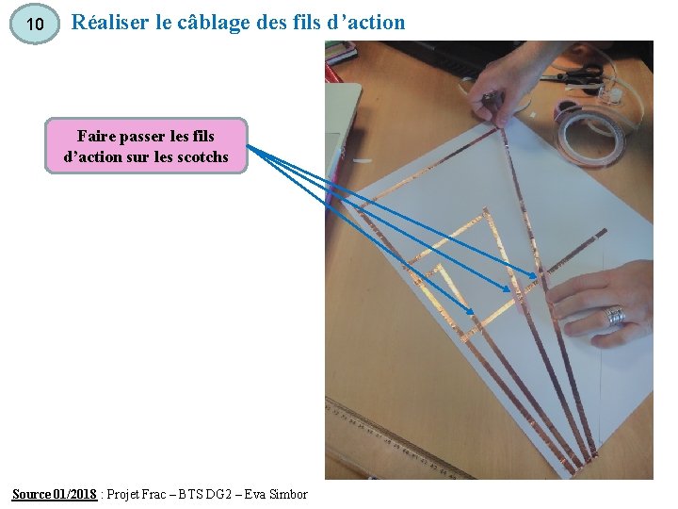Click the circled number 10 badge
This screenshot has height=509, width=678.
click(x=35, y=25)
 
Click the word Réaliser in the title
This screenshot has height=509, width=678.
click(x=108, y=22)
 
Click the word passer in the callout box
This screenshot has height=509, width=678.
click(x=148, y=137)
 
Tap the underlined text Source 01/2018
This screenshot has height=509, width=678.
click(x=54, y=495)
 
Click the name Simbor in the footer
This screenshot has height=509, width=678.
click(x=288, y=495)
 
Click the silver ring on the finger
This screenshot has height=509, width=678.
click(x=615, y=315)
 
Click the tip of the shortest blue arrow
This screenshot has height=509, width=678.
click(x=474, y=312)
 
